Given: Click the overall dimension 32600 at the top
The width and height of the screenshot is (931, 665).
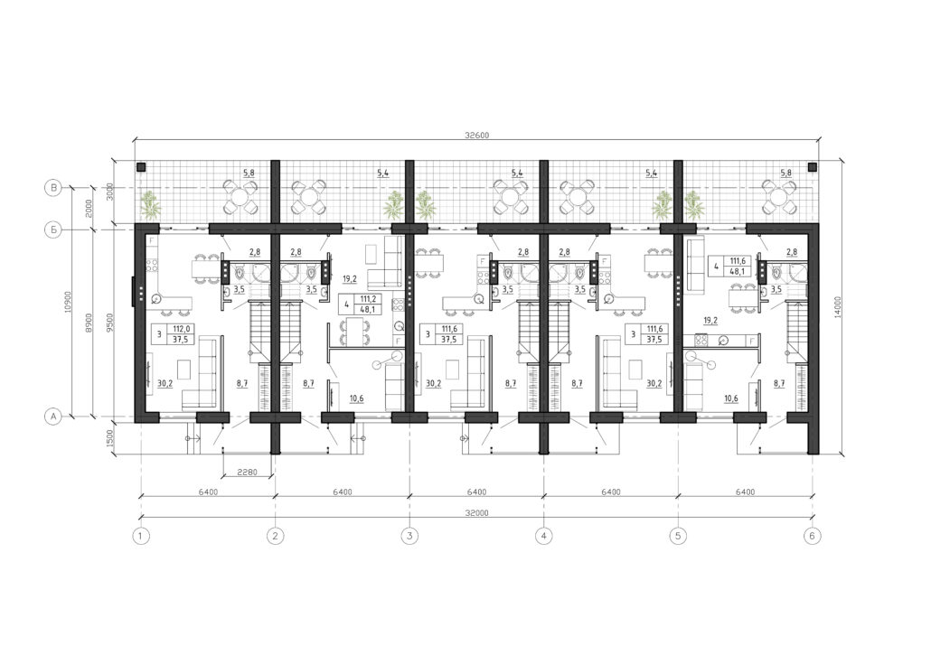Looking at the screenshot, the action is click(476, 135).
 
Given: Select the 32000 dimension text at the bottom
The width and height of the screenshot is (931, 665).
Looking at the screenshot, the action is click(476, 513).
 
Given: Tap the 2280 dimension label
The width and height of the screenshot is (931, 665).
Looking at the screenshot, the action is click(247, 473).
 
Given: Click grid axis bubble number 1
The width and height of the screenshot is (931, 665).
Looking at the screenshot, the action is click(141, 536).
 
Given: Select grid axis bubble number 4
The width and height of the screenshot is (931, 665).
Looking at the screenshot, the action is click(543, 536).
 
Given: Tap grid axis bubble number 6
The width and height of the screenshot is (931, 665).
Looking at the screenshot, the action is click(813, 536).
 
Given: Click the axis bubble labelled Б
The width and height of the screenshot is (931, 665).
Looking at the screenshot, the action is click(54, 229).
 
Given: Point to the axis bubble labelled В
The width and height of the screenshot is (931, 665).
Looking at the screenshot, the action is click(54, 188).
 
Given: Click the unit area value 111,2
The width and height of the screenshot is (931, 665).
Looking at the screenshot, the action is click(368, 299).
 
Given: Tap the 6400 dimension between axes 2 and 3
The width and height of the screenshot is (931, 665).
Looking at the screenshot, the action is click(343, 492).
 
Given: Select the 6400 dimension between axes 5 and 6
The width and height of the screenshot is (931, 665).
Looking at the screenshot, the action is click(745, 492).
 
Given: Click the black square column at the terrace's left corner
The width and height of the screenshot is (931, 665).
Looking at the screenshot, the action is click(141, 167).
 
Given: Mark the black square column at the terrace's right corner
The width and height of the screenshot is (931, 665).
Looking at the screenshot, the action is click(813, 167).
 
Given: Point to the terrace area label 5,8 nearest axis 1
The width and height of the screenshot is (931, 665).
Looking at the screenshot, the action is click(249, 173).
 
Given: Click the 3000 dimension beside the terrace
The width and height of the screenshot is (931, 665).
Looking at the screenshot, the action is click(109, 192).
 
